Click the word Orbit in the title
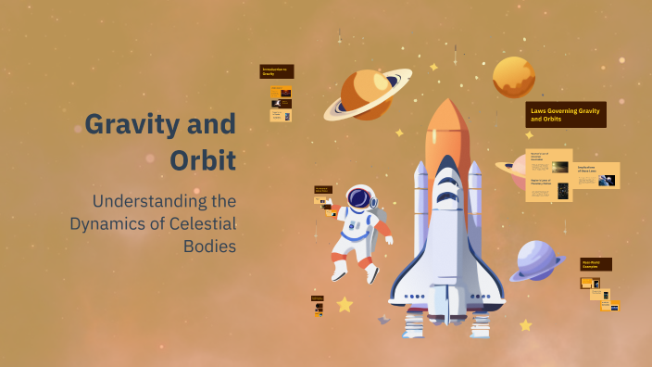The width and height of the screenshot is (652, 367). point(203,159)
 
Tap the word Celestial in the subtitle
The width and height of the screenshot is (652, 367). point(203,223)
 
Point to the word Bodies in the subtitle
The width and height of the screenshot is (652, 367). point(210,246)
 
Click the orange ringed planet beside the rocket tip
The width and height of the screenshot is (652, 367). point(365,94)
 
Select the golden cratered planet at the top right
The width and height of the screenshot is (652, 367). point(513,77)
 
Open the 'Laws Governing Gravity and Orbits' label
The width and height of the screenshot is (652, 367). point(565,114)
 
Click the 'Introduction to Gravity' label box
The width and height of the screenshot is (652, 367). point(276,71)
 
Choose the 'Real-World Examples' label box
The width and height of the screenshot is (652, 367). point(596,264)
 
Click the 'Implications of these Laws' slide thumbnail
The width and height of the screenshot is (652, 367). point(597,175)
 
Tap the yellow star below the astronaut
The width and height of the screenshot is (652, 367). point(345,304)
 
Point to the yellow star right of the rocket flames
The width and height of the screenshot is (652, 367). point(525,325)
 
